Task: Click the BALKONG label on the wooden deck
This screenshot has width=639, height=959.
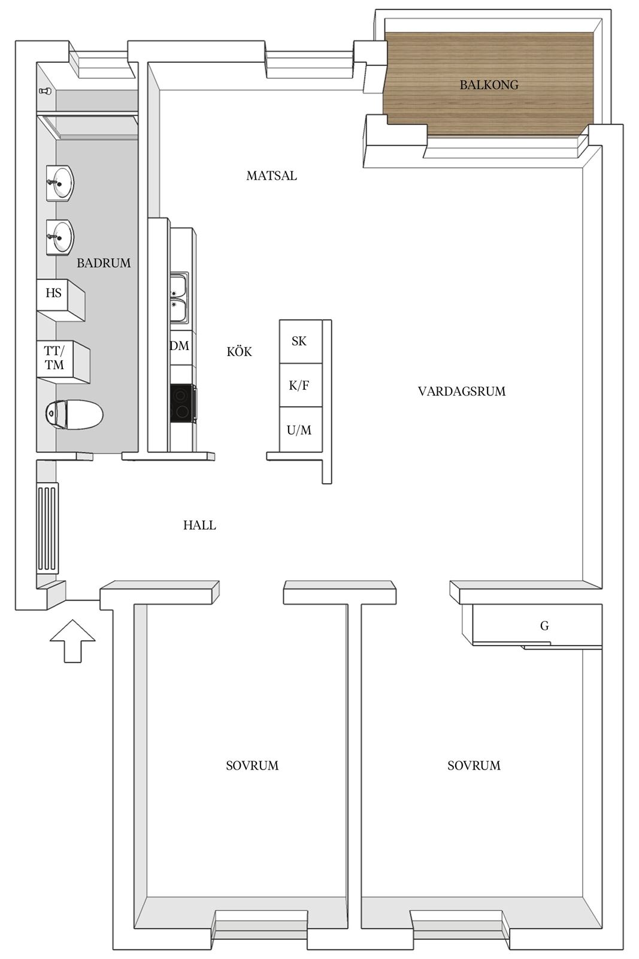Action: pyautogui.click(x=489, y=85)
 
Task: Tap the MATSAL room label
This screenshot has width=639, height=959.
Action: pyautogui.click(x=272, y=176)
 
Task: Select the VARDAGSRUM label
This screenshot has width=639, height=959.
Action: pyautogui.click(x=462, y=391)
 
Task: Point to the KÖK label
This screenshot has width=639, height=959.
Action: pyautogui.click(x=239, y=351)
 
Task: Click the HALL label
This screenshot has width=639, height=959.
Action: pyautogui.click(x=200, y=525)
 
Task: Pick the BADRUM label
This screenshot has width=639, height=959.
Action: pyautogui.click(x=104, y=263)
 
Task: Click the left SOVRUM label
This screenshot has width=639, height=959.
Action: pyautogui.click(x=252, y=765)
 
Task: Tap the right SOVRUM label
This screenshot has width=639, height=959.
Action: pyautogui.click(x=474, y=765)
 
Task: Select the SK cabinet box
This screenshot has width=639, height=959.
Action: pyautogui.click(x=300, y=341)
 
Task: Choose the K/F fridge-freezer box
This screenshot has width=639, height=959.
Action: pyautogui.click(x=300, y=385)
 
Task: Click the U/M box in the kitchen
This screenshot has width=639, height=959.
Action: pyautogui.click(x=300, y=429)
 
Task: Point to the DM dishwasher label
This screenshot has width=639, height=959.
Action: pyautogui.click(x=180, y=345)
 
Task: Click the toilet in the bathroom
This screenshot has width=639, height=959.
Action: pyautogui.click(x=74, y=414)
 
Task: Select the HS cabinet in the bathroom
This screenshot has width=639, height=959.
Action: pyautogui.click(x=60, y=300)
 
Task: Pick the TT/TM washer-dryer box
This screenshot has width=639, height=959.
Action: pyautogui.click(x=63, y=362)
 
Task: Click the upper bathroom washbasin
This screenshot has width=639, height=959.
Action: pyautogui.click(x=60, y=183)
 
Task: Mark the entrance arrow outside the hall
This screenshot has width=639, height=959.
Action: pyautogui.click(x=72, y=641)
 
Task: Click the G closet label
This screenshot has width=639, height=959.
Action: pyautogui.click(x=544, y=626)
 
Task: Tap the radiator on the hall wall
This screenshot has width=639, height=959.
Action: pyautogui.click(x=48, y=527)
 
